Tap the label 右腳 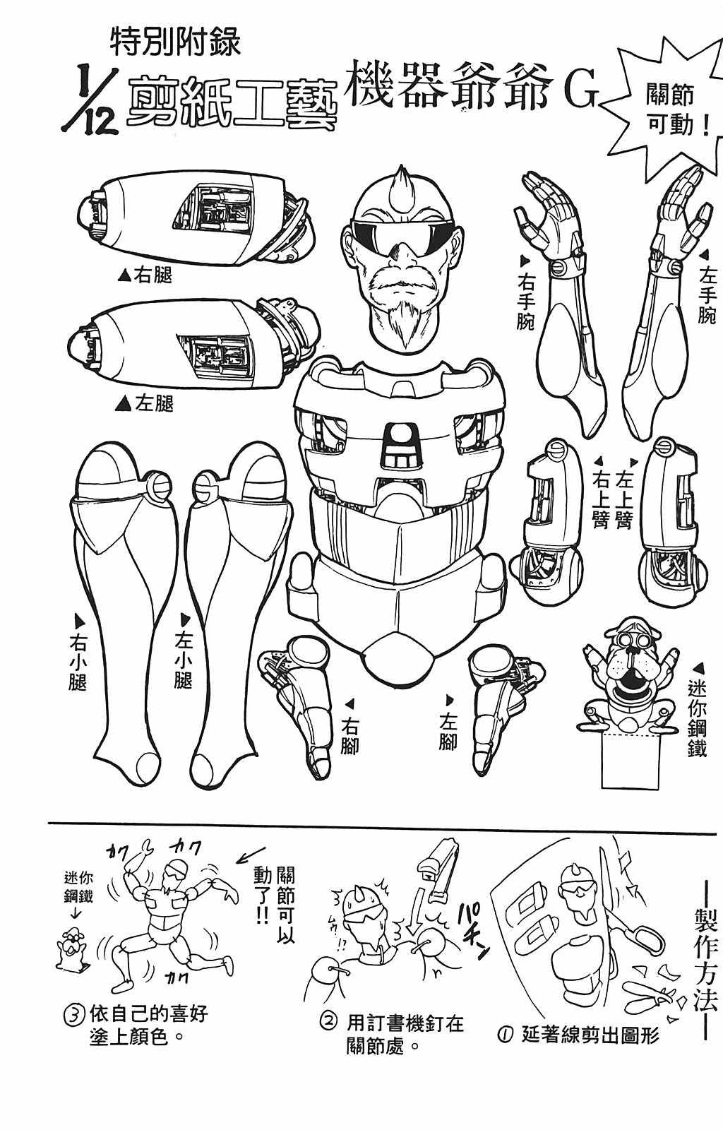tap(349, 736)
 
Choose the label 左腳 tap(448, 732)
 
